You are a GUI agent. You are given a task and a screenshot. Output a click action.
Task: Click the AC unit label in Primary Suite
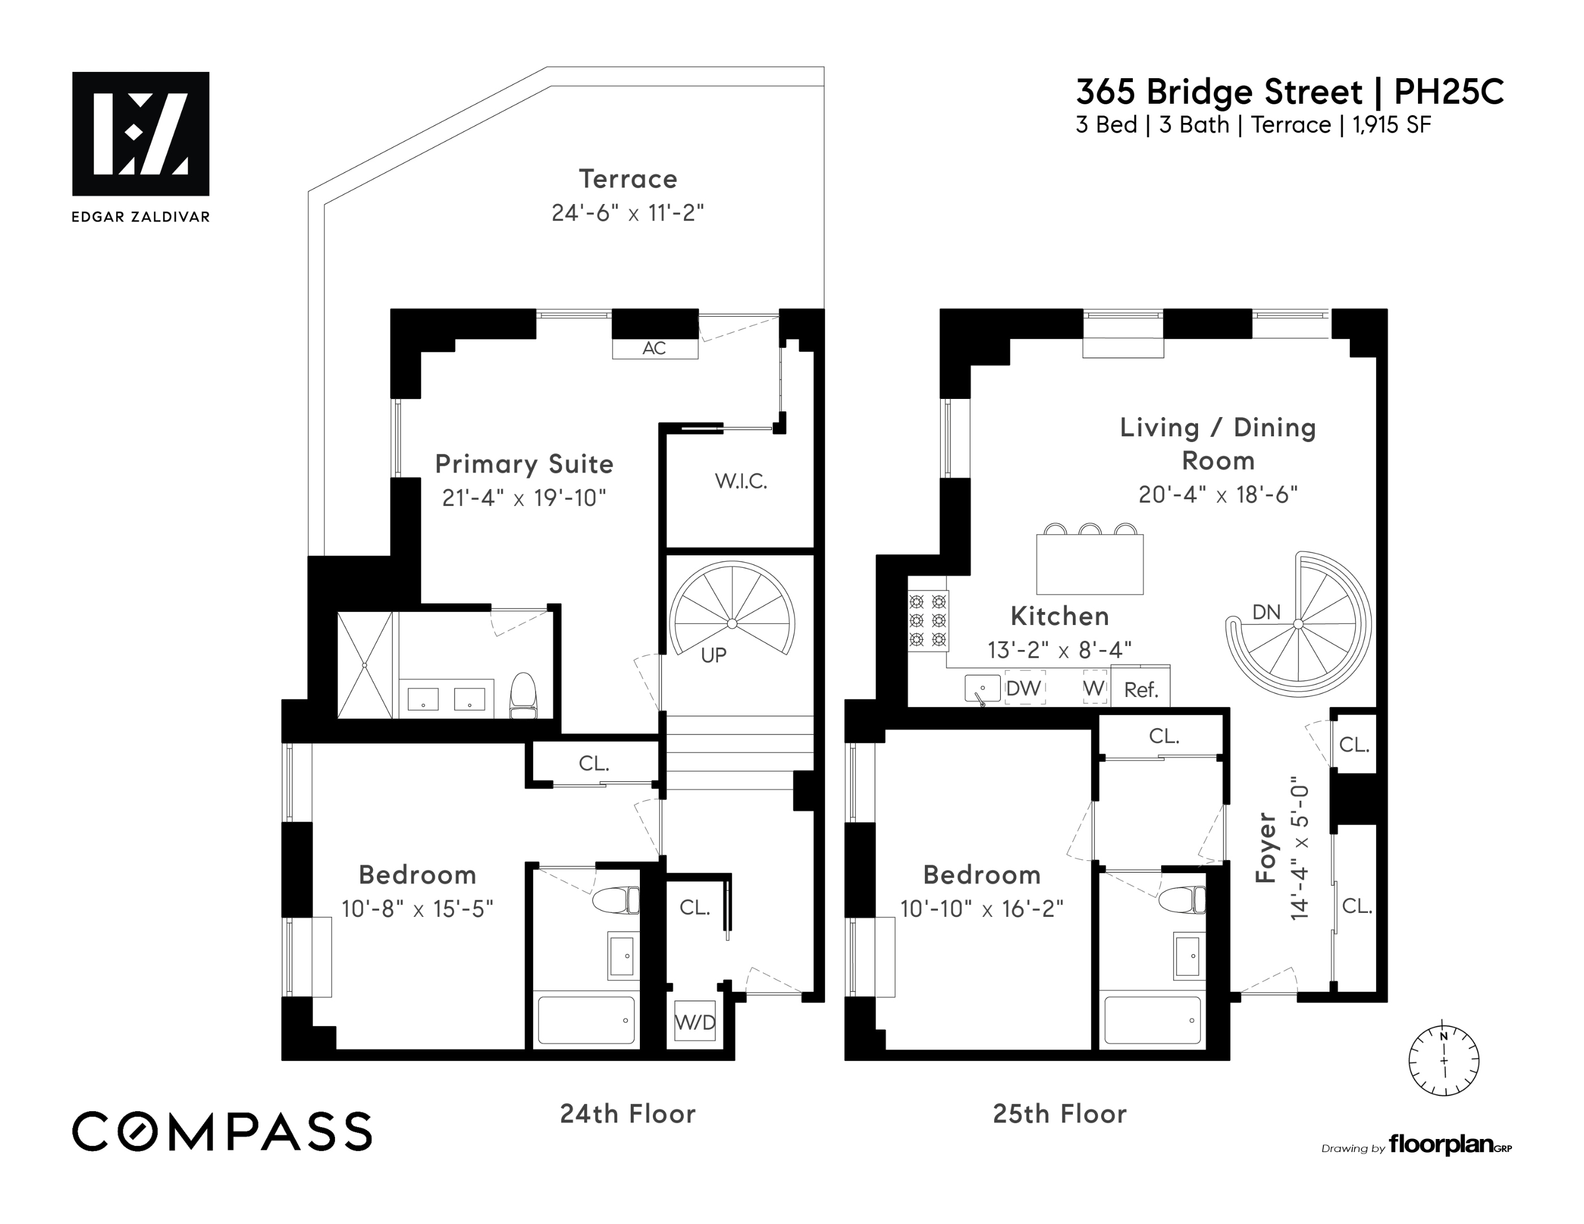[654, 348]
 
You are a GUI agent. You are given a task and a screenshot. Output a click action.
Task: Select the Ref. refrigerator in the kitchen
[1140, 690]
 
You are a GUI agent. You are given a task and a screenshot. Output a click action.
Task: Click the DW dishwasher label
[1024, 688]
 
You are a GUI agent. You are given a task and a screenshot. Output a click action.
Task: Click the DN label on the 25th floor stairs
[1266, 612]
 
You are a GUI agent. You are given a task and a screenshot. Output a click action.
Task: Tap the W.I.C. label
[741, 481]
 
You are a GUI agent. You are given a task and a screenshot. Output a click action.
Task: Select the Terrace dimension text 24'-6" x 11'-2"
[627, 213]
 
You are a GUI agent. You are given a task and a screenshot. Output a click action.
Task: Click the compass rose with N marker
[1443, 1060]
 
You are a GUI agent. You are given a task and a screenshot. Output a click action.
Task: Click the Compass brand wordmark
[222, 1131]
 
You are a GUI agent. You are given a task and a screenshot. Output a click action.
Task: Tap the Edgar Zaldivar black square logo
[141, 133]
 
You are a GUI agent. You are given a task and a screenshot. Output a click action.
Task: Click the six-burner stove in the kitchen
[928, 620]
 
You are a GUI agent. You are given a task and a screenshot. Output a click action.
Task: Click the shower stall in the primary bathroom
[365, 665]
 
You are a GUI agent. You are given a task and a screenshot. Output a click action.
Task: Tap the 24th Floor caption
[627, 1113]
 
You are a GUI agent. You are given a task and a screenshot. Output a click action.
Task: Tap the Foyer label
[1265, 847]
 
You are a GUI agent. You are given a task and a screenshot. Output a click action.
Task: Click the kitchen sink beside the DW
[982, 688]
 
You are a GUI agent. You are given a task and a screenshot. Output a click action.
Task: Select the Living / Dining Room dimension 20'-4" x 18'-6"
[1218, 495]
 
